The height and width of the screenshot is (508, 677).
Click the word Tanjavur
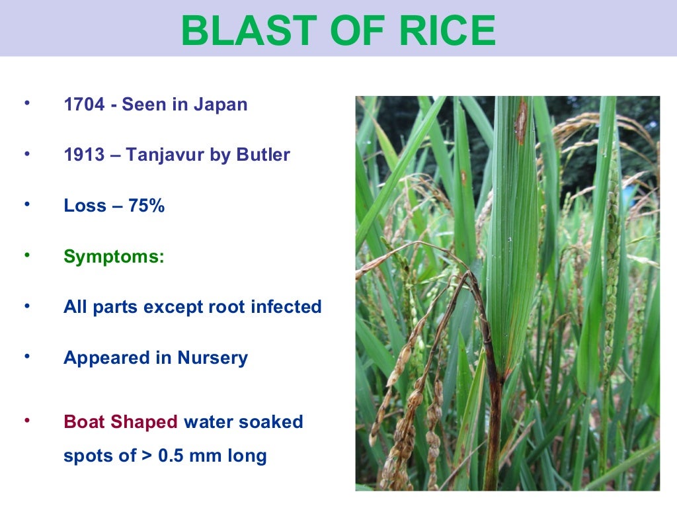pyautogui.click(x=166, y=155)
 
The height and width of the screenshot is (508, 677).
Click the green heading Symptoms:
pyautogui.click(x=114, y=257)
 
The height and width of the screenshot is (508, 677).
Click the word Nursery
pyautogui.click(x=212, y=358)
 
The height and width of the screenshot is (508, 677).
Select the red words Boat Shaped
pyautogui.click(x=120, y=422)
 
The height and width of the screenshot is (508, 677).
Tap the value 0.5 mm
pyautogui.click(x=191, y=456)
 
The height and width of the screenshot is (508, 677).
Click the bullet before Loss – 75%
pyautogui.click(x=27, y=204)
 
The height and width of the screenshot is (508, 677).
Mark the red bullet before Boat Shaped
pyautogui.click(x=27, y=420)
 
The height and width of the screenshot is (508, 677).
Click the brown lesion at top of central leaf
pyautogui.click(x=521, y=121)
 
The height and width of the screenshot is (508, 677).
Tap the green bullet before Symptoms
pyautogui.click(x=27, y=255)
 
